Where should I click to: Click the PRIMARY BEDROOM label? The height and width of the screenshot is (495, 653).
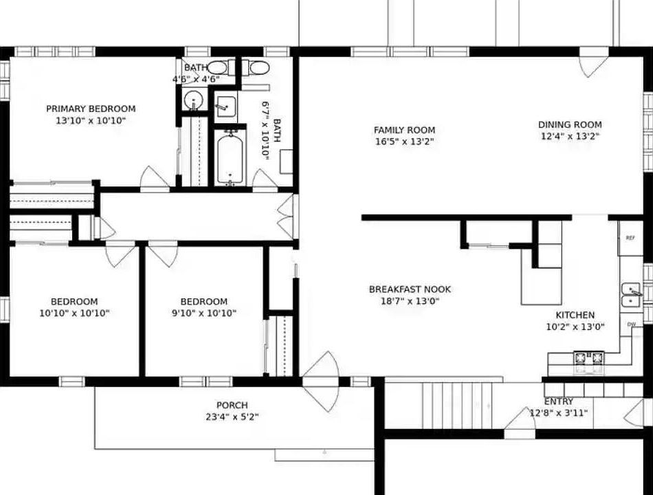91,109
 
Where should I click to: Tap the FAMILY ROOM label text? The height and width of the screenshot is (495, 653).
404,130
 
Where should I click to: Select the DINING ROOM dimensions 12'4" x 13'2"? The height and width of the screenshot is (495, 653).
570,136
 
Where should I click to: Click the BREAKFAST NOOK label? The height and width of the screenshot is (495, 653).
410,289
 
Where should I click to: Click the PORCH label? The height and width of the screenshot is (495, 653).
232,405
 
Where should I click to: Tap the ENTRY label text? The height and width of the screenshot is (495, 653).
558,401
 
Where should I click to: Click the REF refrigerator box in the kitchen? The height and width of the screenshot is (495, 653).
630,237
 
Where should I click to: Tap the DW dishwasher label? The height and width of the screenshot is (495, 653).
631,324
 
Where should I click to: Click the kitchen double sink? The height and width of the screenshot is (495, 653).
632,294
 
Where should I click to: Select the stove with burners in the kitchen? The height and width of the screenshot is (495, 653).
588,358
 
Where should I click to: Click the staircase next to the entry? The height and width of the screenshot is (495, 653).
457,404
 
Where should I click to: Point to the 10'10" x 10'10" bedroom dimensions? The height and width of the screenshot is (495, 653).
74,313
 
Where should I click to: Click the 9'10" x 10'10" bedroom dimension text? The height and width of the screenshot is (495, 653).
203,313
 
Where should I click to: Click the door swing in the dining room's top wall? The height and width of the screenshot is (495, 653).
593,63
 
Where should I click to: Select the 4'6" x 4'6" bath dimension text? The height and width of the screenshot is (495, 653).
196,79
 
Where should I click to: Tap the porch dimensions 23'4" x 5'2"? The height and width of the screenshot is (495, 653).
232,417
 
